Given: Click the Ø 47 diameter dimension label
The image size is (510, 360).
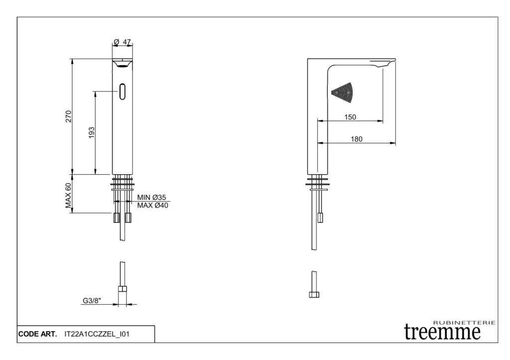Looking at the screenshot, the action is [x=123, y=42].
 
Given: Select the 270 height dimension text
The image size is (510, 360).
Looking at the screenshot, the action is [x=68, y=117].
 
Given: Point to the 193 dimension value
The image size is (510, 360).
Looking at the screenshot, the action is [x=92, y=132].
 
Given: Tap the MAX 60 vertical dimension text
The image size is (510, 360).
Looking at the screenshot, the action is [x=68, y=196].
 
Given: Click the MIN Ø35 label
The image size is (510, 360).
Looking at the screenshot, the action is [x=151, y=197].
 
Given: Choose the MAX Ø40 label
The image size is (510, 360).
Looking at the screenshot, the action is [x=152, y=206].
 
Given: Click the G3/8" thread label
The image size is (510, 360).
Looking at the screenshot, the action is [x=92, y=300].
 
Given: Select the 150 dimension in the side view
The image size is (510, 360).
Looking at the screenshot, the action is [x=350, y=117].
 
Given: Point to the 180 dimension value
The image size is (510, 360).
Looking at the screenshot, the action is [x=357, y=139].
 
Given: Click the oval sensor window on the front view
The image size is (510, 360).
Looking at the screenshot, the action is [x=123, y=92].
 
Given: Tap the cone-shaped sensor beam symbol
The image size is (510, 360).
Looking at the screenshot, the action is [x=342, y=92].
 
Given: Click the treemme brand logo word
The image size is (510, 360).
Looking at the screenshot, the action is [x=442, y=332].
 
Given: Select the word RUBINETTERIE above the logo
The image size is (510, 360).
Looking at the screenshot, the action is [x=465, y=323].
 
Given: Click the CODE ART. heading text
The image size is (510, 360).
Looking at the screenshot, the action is [x=37, y=334].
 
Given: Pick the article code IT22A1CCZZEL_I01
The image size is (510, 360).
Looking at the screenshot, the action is [x=97, y=334].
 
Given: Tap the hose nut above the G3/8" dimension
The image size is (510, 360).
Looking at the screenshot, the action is [x=123, y=289].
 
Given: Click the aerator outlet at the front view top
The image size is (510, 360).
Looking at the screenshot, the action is [x=123, y=65].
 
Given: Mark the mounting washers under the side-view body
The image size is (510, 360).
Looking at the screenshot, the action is [x=318, y=182].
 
